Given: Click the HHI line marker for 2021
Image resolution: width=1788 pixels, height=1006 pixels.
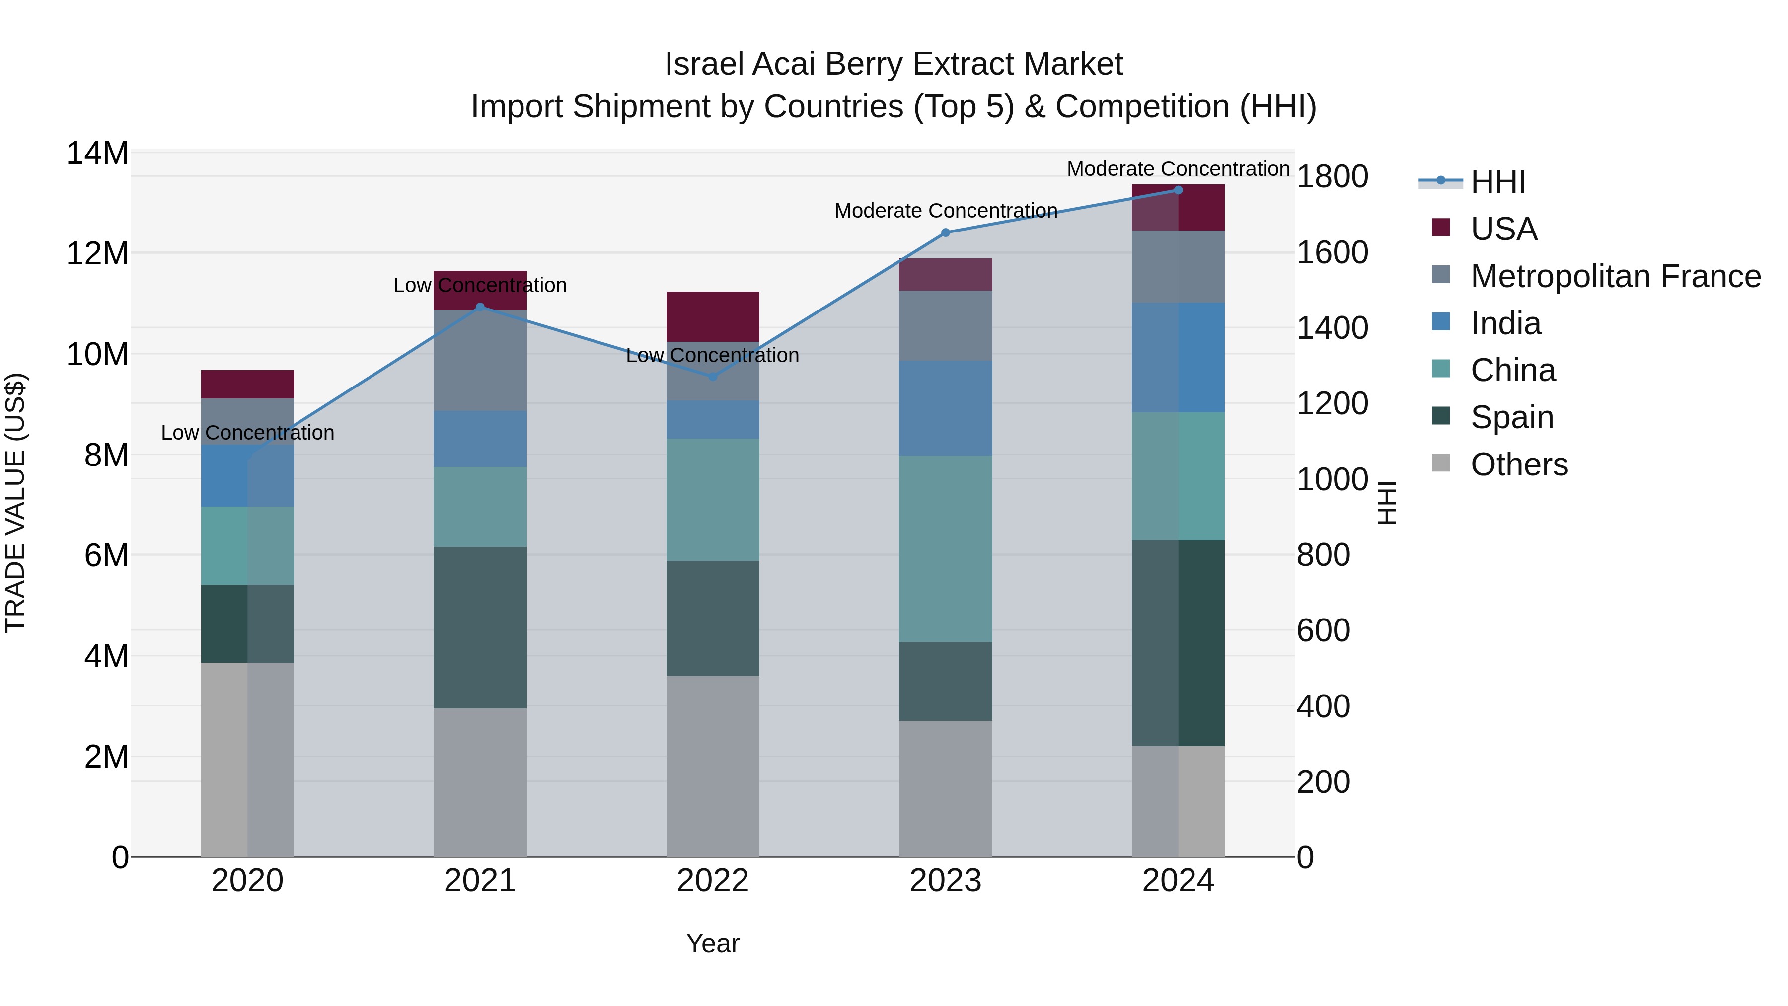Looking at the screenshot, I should pos(480,307).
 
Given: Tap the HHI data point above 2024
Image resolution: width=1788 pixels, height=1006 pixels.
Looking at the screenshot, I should pos(1178,190).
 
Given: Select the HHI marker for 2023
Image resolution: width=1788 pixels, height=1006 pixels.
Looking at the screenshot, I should pos(945,232).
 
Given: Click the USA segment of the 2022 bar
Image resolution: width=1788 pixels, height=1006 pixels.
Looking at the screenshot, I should pos(712,316).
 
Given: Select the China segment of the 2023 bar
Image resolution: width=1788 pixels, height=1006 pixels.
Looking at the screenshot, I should pos(945,548).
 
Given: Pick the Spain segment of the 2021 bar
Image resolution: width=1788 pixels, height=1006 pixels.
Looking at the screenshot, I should pos(480,627).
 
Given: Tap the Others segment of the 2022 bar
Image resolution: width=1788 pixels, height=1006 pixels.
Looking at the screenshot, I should pos(712,766).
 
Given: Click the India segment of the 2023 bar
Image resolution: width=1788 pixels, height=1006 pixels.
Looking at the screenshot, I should pos(945,408).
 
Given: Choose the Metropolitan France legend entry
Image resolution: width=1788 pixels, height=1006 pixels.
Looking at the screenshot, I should pos(1615,276).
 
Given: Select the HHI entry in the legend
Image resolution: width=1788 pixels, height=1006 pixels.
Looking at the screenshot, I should pos(1498,182).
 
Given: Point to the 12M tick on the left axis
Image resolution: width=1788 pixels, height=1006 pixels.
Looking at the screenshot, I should pos(97,253).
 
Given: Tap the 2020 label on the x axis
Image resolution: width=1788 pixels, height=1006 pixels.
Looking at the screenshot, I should pos(248,881).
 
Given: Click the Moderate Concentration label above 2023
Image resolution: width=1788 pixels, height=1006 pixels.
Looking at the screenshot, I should pos(945,210).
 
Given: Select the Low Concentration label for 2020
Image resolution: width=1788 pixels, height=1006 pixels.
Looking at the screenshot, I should pos(248,433).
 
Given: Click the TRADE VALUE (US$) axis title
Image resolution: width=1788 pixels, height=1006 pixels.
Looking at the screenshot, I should pos(15,503).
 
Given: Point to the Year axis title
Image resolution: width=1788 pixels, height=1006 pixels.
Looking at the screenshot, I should pos(712,943).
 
